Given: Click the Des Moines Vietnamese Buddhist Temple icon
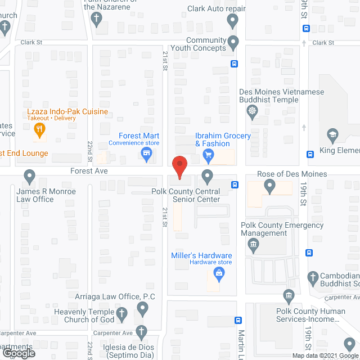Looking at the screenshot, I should click(253, 112).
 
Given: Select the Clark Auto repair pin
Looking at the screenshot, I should click(232, 21).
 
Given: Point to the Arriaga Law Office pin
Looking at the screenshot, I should click(143, 308).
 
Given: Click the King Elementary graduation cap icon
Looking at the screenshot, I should click(332, 136).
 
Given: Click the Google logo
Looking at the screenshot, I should click(18, 353).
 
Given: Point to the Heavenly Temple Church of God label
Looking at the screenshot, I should click(84, 316).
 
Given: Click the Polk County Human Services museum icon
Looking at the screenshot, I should click(289, 295).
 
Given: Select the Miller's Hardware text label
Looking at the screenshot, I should click(201, 256).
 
